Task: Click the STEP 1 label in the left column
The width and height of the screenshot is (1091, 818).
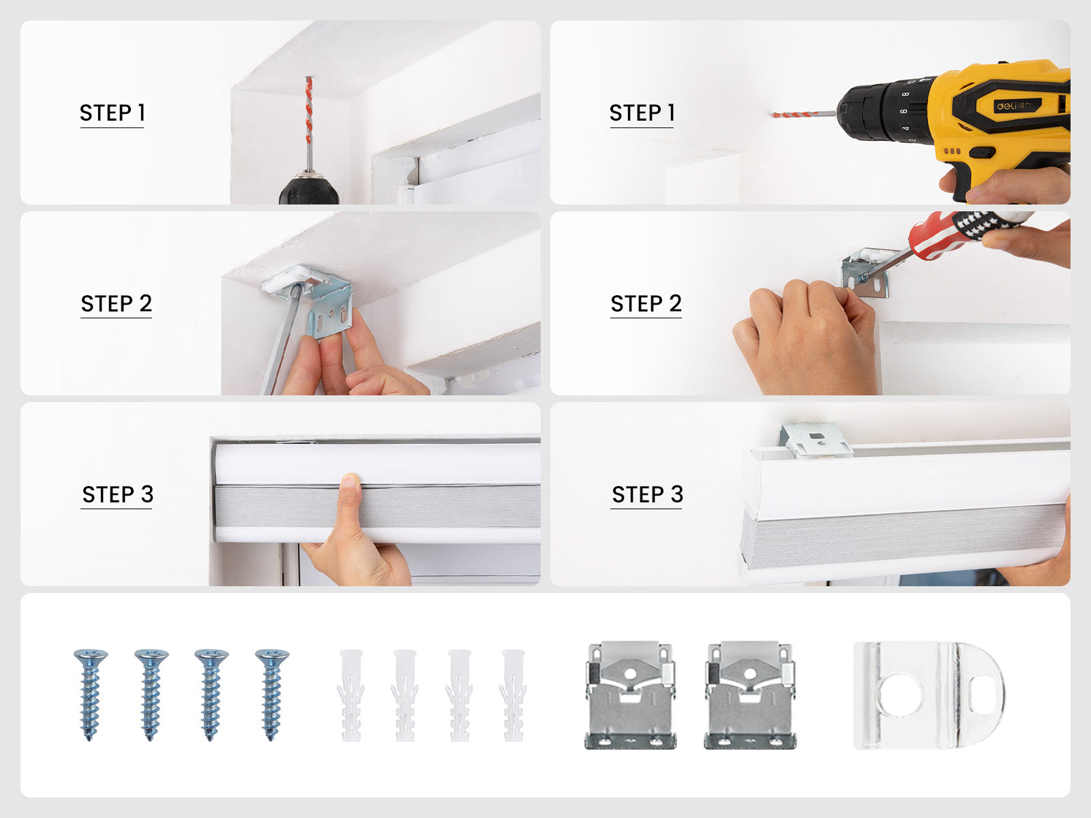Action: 113,112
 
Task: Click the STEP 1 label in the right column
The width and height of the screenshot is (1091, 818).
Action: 642,112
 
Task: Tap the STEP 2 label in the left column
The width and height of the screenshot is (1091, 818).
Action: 117,303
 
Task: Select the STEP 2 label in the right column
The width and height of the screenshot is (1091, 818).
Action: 646,303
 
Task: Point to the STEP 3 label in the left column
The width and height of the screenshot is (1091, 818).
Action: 118,494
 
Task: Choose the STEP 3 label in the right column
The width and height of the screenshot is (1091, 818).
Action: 648,494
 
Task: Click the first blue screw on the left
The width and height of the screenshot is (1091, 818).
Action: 91,695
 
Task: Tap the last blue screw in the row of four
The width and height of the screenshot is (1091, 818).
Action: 272,695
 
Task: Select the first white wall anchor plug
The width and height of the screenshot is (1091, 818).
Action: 351,695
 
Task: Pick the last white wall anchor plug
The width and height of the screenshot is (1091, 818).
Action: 513,695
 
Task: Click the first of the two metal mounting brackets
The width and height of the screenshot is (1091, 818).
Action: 630,695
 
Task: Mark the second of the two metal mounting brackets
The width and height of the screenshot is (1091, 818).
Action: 750,695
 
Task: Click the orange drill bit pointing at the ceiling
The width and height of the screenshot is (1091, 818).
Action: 309,109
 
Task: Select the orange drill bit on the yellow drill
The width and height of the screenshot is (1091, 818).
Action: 795,115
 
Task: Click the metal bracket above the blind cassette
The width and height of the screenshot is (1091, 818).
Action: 816,440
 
